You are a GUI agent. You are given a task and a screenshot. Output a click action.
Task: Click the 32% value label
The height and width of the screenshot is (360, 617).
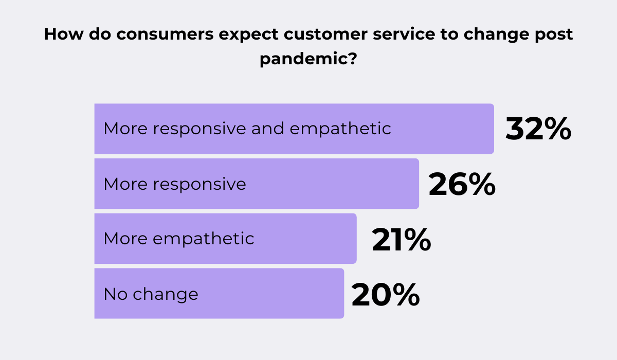(538, 129)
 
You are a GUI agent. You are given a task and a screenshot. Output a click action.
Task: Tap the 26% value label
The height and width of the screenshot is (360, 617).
(462, 184)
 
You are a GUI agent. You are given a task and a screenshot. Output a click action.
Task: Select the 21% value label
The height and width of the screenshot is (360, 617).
(401, 240)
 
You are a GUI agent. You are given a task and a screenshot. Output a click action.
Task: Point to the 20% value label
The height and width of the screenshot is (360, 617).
(386, 295)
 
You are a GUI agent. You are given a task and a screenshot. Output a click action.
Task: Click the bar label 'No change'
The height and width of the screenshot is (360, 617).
(151, 294)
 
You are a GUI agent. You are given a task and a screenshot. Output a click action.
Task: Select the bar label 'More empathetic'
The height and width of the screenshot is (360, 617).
(179, 239)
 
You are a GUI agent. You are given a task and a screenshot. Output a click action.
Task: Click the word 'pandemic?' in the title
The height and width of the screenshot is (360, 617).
(308, 58)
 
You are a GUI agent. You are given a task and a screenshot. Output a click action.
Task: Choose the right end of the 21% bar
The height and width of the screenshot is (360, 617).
(355, 239)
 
